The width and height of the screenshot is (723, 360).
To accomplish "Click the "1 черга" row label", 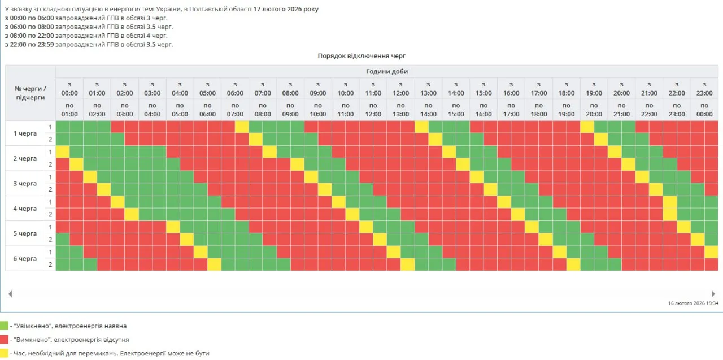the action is [25, 133].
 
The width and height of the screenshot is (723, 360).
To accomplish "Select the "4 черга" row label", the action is [25, 209].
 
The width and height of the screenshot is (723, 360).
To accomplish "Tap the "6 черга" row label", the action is [25, 259].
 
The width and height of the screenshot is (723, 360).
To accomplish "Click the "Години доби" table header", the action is [387, 71].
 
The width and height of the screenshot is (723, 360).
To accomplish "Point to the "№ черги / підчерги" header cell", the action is [31, 93].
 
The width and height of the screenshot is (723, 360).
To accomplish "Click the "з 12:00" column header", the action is [400, 89].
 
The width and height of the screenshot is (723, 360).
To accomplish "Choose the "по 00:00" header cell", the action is [704, 110].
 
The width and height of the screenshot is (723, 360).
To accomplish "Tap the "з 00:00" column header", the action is [69, 89].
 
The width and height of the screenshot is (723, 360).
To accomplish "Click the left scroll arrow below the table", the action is [10, 294].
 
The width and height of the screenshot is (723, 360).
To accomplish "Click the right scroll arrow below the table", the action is [713, 294].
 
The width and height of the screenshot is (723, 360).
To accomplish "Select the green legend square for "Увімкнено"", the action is [4, 326].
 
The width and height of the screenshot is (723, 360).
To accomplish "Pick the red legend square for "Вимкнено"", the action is [4, 339].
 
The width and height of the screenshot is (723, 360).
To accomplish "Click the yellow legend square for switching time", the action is [4, 353].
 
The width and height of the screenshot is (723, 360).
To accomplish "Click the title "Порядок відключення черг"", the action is [361, 55].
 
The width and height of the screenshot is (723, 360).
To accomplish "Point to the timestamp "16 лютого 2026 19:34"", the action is [693, 303].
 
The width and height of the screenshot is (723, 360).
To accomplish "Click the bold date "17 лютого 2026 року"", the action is [286, 9].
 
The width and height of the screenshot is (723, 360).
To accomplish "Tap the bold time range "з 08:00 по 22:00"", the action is [29, 36].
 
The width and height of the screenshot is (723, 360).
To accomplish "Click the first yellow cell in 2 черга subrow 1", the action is [63, 152].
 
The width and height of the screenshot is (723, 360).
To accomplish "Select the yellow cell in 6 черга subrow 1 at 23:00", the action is [711, 252].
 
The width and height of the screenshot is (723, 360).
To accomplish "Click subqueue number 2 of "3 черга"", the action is [50, 189].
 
